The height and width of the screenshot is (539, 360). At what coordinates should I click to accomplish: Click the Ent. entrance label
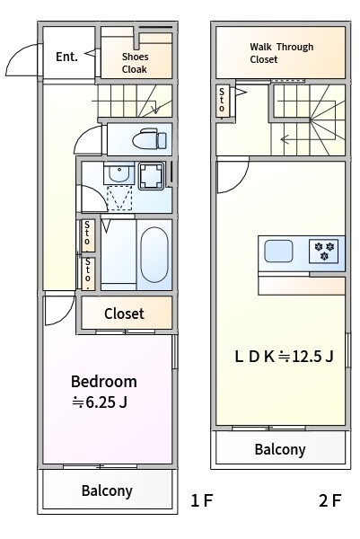(66, 57)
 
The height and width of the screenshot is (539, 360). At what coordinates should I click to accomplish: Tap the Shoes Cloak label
(136, 61)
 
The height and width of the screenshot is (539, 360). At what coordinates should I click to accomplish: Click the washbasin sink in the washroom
(118, 174)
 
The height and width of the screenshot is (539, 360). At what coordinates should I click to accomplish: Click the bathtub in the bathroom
(154, 255)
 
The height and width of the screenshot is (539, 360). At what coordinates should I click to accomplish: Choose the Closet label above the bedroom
(124, 314)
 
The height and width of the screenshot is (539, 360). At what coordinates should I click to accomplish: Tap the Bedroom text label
(103, 380)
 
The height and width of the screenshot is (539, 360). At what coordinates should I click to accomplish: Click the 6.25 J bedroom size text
(100, 402)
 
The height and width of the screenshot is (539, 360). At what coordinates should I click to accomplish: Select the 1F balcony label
(107, 490)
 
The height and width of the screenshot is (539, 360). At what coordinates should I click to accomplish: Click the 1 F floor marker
(202, 500)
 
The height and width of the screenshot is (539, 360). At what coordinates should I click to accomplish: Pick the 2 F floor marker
(329, 500)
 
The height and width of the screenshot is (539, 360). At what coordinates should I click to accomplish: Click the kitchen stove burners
(322, 250)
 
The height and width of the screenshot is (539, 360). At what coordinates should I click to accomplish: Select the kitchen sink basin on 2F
(277, 250)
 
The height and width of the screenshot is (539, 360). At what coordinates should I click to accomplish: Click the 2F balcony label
(279, 449)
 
